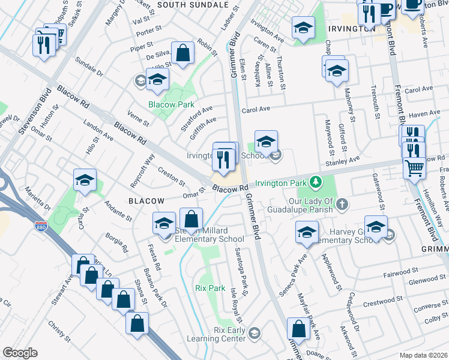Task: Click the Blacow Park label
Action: (172, 104)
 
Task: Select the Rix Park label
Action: (209, 288)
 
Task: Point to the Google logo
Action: (20, 353)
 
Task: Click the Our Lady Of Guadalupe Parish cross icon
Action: (342, 205)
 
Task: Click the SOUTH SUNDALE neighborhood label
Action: (185, 5)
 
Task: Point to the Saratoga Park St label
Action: (241, 272)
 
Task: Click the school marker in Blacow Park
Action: (157, 79)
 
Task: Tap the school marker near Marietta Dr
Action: (85, 180)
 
